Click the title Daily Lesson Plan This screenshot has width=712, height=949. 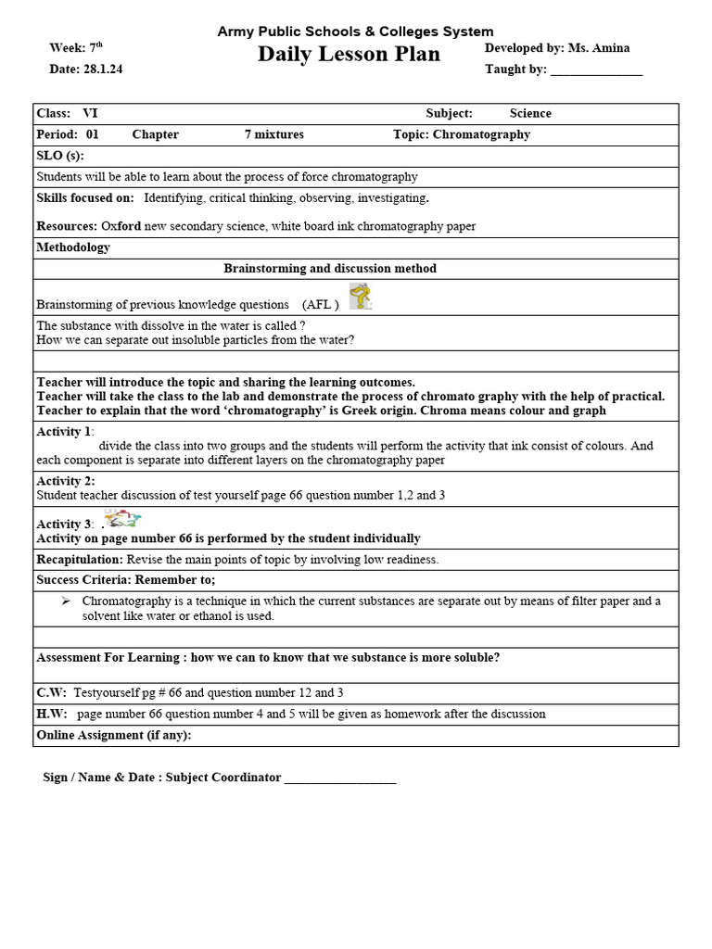(x=349, y=55)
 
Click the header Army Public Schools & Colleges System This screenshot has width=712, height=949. (x=355, y=32)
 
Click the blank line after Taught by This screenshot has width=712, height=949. (x=596, y=70)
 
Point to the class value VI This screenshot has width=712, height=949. (x=90, y=113)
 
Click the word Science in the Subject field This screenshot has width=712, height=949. (x=530, y=113)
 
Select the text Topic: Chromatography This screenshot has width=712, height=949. (x=462, y=134)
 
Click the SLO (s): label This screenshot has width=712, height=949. (x=59, y=156)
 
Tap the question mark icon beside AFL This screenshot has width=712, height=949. (x=360, y=297)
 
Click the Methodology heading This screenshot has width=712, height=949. (x=73, y=247)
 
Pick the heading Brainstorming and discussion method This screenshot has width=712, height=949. (x=330, y=269)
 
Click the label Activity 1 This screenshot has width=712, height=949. (x=63, y=432)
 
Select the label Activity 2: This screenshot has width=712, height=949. (x=65, y=481)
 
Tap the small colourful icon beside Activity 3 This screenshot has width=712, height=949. (x=122, y=519)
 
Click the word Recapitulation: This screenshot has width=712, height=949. (x=79, y=560)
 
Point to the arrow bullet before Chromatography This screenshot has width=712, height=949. (x=66, y=601)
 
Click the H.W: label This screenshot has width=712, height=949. (x=52, y=714)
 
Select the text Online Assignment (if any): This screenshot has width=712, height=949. (x=113, y=735)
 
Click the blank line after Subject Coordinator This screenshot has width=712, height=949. (x=340, y=778)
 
